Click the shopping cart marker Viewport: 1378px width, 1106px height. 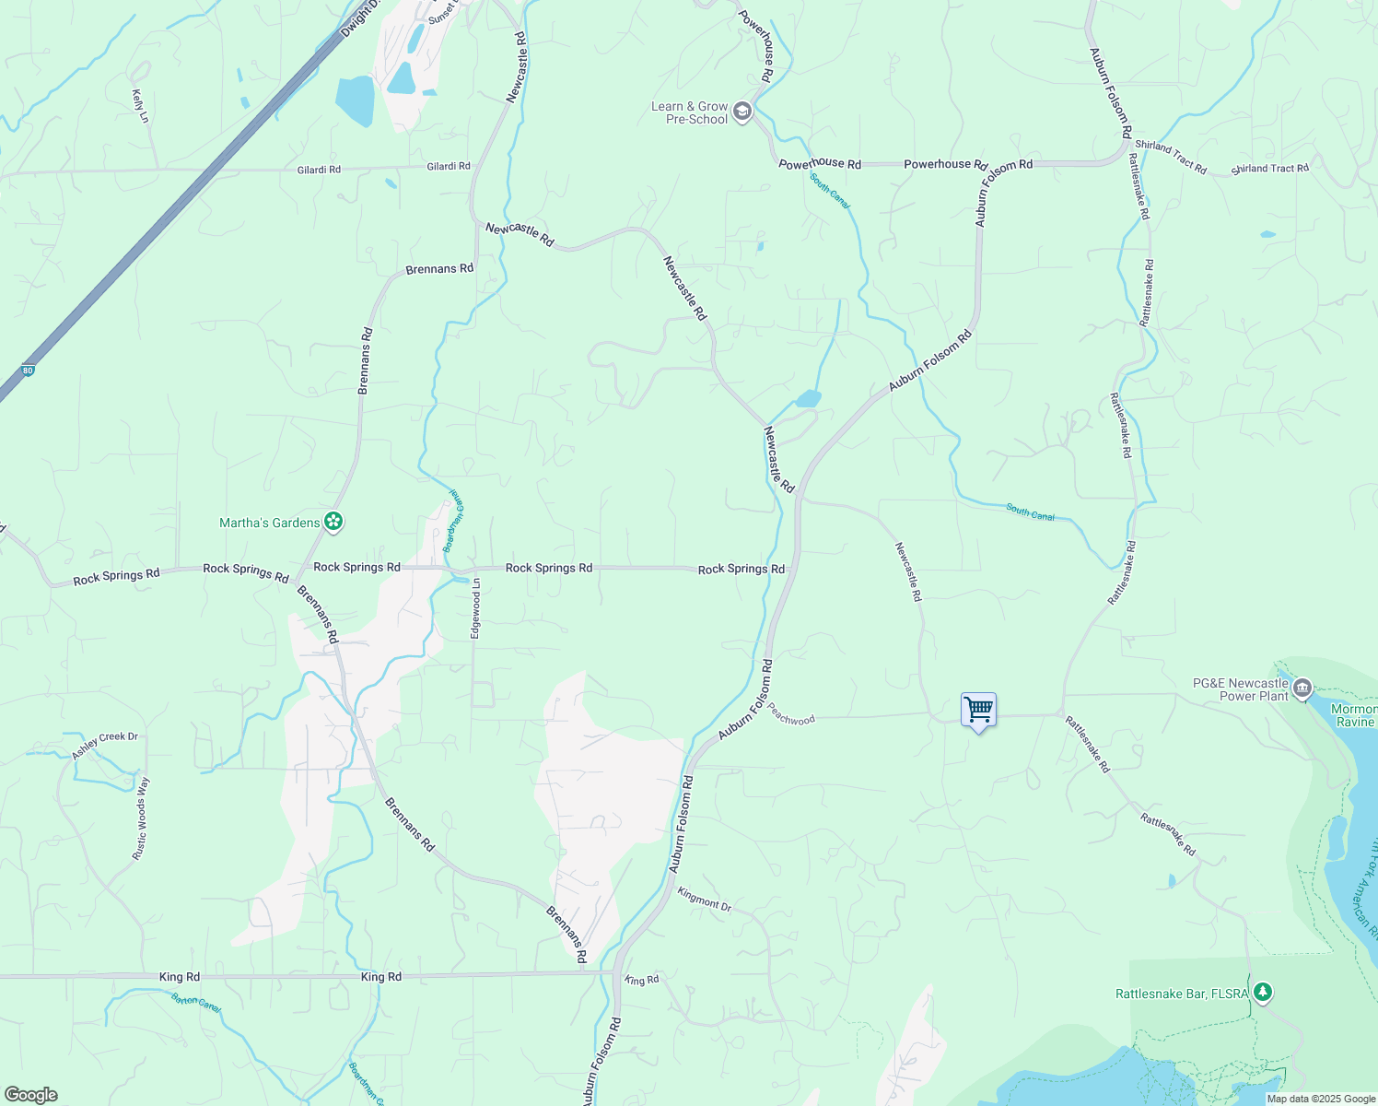coord(978,711)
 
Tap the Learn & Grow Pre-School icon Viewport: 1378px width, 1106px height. coord(742,112)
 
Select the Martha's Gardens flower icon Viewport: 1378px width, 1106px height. coord(333,523)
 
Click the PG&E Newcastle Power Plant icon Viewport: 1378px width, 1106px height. coord(1302,688)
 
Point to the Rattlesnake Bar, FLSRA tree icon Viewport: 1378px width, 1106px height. coord(1264,993)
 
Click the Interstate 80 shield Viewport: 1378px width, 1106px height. coord(28,370)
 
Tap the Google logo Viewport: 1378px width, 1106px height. coord(30,1095)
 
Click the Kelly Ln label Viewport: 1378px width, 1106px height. coord(140,106)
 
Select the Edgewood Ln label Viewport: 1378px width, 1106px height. coord(476,608)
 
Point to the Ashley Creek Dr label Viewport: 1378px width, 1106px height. coord(105,746)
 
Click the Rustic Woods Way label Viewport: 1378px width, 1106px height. coord(140,818)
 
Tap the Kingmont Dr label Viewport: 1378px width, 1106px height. coord(704,900)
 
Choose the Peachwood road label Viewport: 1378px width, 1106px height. coord(791,715)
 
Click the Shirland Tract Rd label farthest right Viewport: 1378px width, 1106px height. coord(1269,169)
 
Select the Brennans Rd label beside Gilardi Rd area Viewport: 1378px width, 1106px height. coord(439,269)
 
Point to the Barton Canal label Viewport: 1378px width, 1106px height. coord(195,1002)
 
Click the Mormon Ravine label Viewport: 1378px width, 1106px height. coord(1354,715)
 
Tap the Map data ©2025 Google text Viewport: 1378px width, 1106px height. coord(1321,1099)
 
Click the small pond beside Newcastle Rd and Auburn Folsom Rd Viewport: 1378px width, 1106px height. coord(808,398)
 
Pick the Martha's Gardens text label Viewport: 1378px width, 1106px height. coord(269,523)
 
